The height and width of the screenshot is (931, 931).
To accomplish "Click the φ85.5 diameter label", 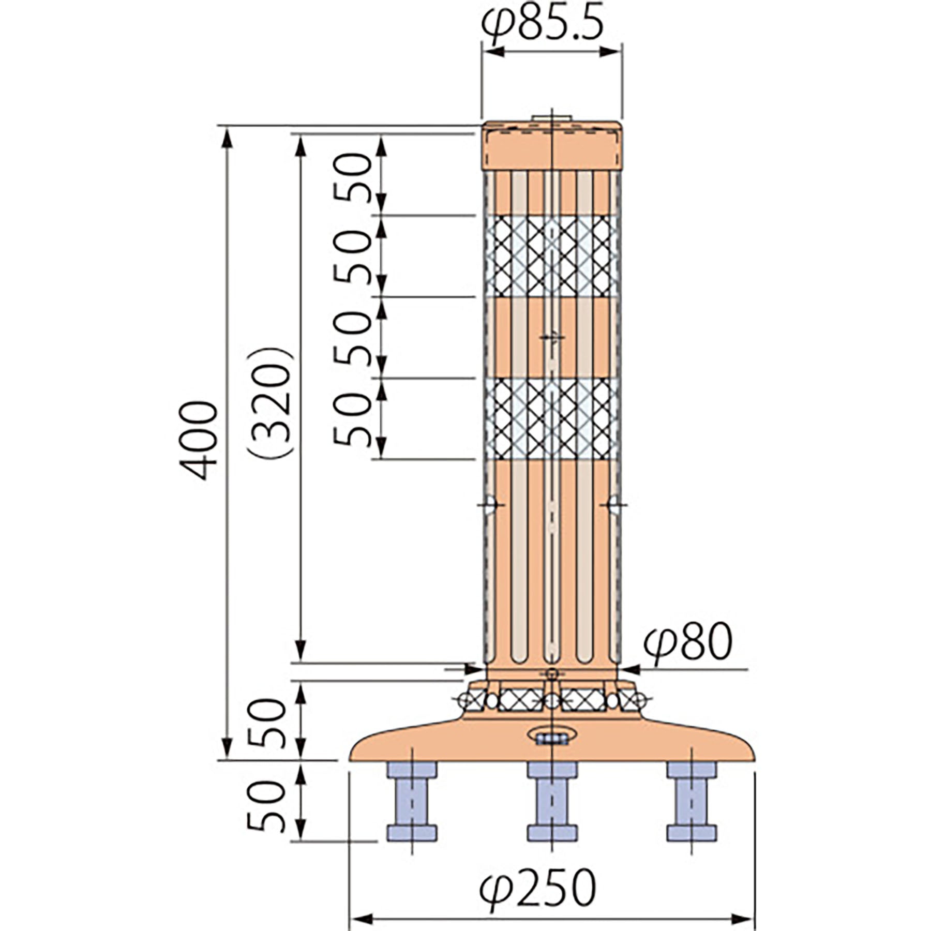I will pos(543,25).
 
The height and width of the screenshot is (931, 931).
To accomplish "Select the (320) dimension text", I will pos(271,402).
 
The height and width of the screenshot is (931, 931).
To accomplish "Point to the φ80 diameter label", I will pos(688,643).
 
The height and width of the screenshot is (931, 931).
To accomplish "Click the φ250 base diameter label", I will pos(538,888).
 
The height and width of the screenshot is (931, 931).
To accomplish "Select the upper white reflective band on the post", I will pos(551,256).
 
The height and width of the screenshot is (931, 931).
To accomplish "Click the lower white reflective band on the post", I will pos(551,419).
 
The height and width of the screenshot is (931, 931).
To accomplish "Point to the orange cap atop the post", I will pos(551,146).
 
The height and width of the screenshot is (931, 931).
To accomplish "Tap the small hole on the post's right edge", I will pos(615,505).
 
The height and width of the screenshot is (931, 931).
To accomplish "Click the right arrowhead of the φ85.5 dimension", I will pos(610,52).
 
